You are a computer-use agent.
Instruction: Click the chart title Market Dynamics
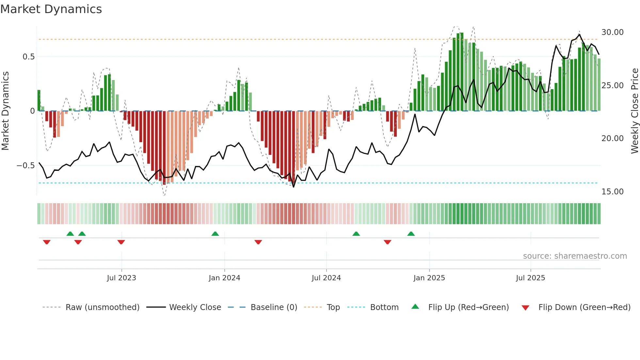pyautogui.click(x=51, y=9)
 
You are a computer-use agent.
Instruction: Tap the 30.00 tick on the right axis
pyautogui.click(x=612, y=32)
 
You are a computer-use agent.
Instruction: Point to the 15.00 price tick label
pyautogui.click(x=612, y=192)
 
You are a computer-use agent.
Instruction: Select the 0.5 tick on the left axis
pyautogui.click(x=28, y=57)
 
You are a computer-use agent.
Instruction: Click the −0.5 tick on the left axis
pyautogui.click(x=25, y=166)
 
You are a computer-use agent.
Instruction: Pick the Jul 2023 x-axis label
pyautogui.click(x=121, y=278)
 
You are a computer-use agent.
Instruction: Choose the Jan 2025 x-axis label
pyautogui.click(x=429, y=278)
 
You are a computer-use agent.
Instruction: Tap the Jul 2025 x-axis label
pyautogui.click(x=530, y=278)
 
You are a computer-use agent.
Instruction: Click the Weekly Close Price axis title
pyautogui.click(x=634, y=111)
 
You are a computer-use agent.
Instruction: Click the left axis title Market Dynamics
pyautogui.click(x=5, y=111)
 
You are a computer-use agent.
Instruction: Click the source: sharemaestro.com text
pyautogui.click(x=575, y=256)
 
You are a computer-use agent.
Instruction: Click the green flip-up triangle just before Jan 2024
pyautogui.click(x=215, y=234)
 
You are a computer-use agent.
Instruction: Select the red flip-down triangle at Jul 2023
pyautogui.click(x=121, y=242)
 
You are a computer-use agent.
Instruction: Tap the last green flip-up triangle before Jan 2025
pyautogui.click(x=411, y=234)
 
